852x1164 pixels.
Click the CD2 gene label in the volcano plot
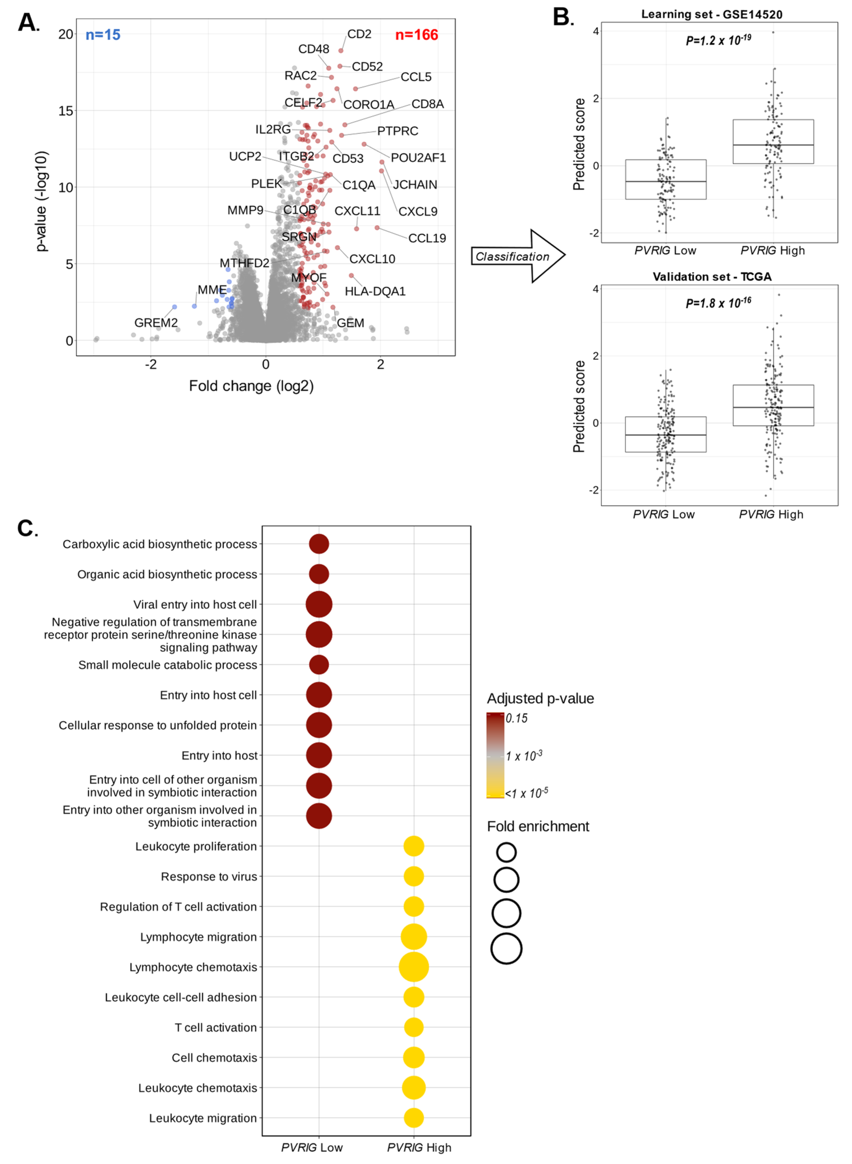pos(359,34)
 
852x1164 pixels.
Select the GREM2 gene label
pos(156,323)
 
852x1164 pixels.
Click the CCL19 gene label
pos(427,238)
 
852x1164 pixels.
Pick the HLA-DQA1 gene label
pos(375,292)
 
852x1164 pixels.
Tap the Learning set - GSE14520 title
pos(712,15)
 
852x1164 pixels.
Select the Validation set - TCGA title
pos(712,277)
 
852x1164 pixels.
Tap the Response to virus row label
pos(209,877)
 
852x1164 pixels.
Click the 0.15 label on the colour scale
pos(517,718)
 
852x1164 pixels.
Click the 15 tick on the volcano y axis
pos(65,111)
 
